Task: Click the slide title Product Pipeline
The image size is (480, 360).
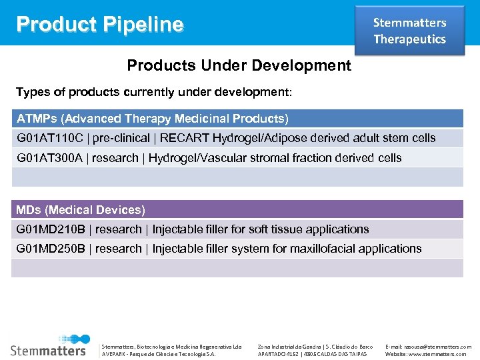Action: [100, 25]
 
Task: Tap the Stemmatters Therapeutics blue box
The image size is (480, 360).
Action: [409, 31]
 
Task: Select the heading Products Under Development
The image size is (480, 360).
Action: [239, 65]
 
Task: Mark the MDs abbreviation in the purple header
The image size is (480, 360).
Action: [29, 210]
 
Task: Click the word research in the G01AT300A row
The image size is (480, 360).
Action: [115, 158]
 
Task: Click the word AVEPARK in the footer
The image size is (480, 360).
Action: [114, 354]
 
